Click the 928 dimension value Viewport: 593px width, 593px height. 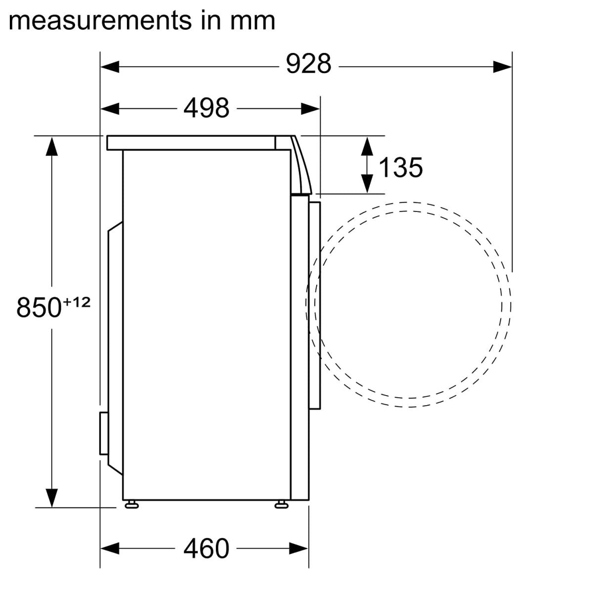(308, 64)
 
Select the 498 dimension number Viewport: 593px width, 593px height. (206, 108)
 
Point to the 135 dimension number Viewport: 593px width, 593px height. (401, 168)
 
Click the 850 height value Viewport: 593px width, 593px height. (39, 307)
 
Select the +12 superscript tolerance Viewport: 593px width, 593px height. (77, 302)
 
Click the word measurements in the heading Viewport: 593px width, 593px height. (100, 21)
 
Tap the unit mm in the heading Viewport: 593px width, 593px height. (253, 21)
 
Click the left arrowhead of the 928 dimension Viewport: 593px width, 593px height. (110, 67)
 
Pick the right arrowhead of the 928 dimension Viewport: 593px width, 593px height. (502, 67)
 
